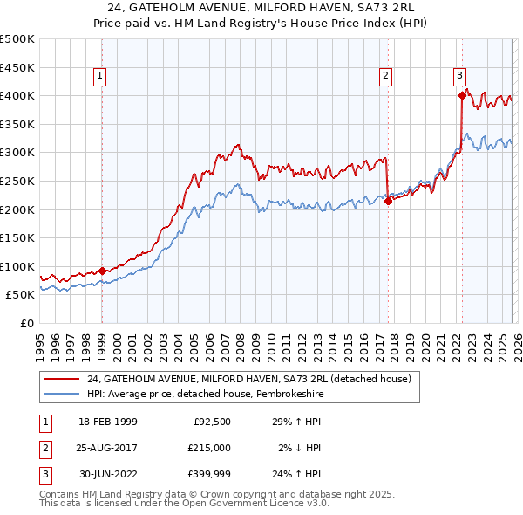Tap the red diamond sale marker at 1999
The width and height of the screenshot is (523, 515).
tap(102, 271)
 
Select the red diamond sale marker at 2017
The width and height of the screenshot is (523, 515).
tap(388, 201)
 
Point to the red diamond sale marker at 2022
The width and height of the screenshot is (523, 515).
tap(462, 95)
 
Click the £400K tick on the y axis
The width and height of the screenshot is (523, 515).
tap(18, 95)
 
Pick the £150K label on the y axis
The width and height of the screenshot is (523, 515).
tap(18, 237)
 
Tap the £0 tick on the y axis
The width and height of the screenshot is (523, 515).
tap(26, 323)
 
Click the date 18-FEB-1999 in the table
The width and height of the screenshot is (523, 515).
tap(108, 422)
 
